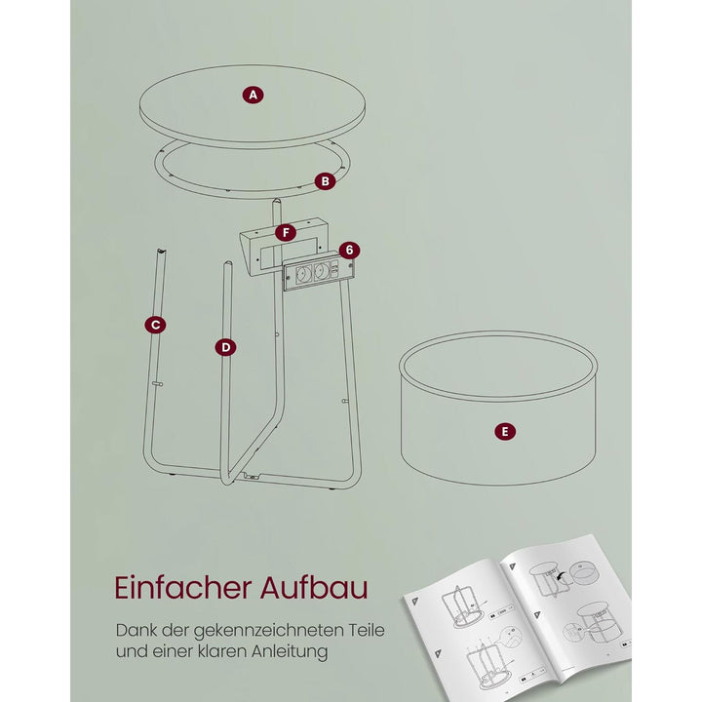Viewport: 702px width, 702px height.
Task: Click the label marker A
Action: [253, 95]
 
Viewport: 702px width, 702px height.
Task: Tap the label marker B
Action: [325, 181]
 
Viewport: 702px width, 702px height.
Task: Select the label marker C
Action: [155, 325]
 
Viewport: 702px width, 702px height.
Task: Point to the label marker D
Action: [225, 347]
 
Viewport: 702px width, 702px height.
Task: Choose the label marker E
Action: [505, 432]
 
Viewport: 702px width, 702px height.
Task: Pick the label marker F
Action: [286, 232]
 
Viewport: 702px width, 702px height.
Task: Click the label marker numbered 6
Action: [349, 250]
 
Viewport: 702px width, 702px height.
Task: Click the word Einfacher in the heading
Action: [183, 587]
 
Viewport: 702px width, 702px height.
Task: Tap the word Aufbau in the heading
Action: [314, 587]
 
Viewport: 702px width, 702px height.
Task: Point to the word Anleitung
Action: [290, 651]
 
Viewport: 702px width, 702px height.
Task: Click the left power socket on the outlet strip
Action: [303, 273]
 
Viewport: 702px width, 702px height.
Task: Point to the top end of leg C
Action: [161, 250]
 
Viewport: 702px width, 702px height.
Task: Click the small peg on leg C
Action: [158, 384]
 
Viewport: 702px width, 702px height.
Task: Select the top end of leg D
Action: [228, 263]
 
